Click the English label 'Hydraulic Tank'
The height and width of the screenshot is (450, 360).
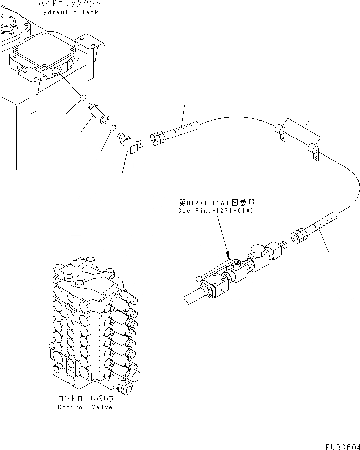coord(68,12)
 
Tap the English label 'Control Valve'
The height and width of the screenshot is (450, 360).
coord(85,407)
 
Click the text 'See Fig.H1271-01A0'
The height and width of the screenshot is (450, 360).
coord(215,211)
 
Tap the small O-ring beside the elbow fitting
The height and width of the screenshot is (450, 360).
coord(113,128)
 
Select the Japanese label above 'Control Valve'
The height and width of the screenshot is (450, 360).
coord(85,399)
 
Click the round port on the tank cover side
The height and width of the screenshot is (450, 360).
coord(56,72)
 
